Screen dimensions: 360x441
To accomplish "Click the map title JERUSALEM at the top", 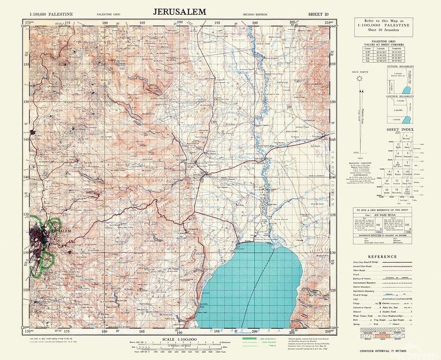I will point(179,11).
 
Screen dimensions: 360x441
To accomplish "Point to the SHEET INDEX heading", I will point(400,130).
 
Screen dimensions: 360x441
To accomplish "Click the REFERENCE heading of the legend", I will point(383,257).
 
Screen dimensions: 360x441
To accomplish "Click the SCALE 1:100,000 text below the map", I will point(179,339).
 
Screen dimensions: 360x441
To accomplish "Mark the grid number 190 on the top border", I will point(180,23).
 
